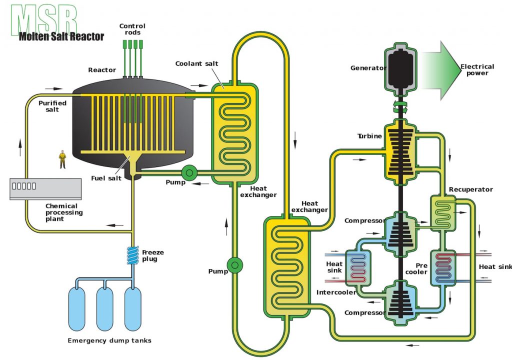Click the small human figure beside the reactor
[x=62, y=159]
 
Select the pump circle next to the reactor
[x=189, y=173]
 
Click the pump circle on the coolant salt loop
[x=233, y=264]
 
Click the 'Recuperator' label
[x=470, y=189]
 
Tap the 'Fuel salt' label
[x=106, y=178]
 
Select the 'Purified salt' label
[x=52, y=106]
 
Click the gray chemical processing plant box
[x=45, y=188]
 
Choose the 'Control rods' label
[x=132, y=29]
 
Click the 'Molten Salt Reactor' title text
[x=61, y=36]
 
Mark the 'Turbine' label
[x=369, y=136]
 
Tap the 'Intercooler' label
[x=335, y=292]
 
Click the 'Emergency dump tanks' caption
[x=109, y=340]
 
